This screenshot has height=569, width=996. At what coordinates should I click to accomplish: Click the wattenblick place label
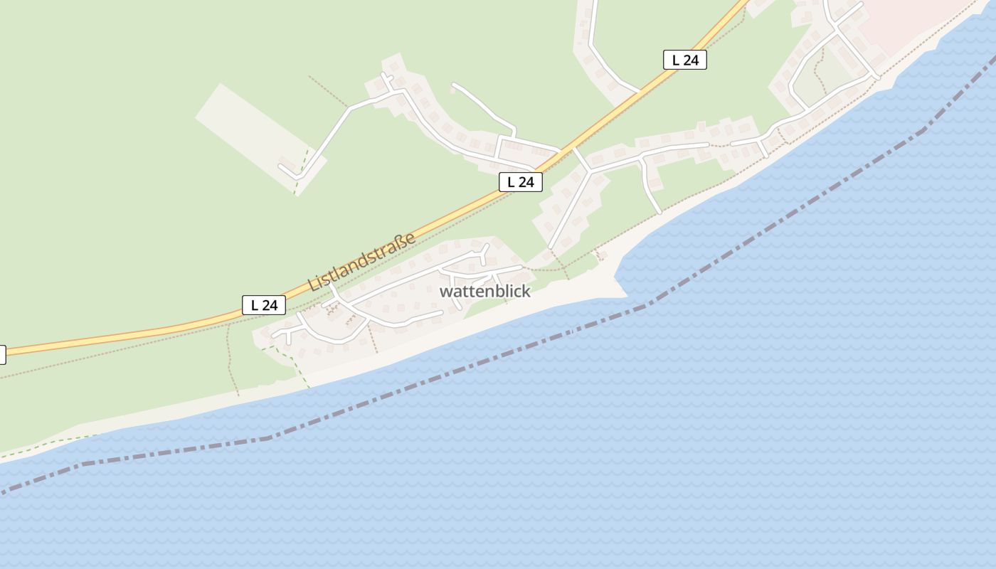pos(484,292)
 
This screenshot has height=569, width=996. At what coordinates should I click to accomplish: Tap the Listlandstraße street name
pos(362,261)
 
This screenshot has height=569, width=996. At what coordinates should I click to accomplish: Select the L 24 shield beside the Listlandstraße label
pos(264,305)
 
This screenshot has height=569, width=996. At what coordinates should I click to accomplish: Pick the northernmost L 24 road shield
pos(684,60)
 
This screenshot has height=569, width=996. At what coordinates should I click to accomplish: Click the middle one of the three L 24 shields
pos(520,182)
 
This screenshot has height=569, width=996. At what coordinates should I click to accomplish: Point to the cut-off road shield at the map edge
pos(2,354)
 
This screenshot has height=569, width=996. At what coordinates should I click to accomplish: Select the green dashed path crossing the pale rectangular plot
pos(303,168)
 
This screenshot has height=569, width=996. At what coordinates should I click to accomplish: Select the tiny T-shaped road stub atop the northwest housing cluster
pos(386,76)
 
